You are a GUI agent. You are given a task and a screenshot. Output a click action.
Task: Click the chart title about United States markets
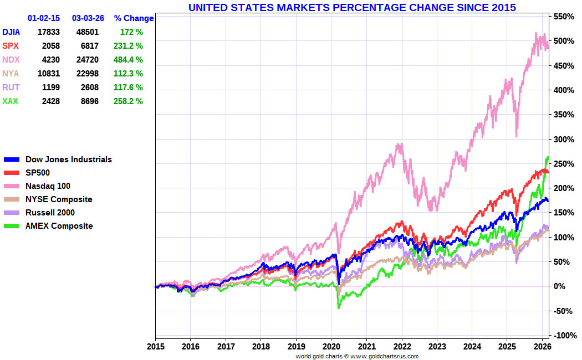coord(352,7)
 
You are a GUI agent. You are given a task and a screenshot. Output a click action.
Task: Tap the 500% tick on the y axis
coord(563,41)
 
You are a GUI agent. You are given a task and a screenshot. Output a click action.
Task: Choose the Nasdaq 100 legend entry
coord(48,186)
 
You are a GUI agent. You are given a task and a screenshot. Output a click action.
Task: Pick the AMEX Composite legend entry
coord(59,226)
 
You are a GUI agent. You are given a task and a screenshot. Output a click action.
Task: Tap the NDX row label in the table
coord(11,60)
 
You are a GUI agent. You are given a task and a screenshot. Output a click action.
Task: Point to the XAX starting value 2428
coord(49,101)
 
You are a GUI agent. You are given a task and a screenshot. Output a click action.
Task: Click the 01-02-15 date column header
coord(44,18)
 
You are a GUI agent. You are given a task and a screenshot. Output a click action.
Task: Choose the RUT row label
coord(11,88)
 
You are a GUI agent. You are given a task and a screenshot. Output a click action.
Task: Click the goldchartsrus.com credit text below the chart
coord(357,356)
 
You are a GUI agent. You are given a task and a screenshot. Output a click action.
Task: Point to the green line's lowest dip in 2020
coord(339,307)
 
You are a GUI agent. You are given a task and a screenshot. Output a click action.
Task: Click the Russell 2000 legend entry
coord(50,213)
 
